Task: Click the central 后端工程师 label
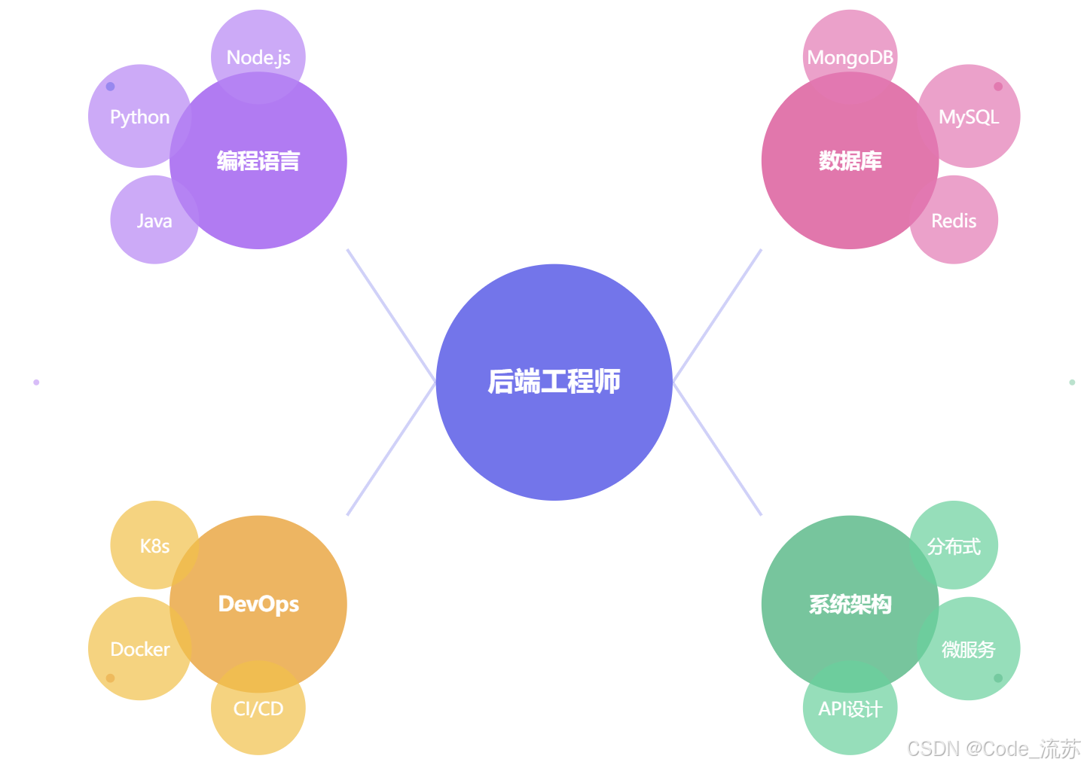(x=554, y=382)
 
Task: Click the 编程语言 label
(x=258, y=160)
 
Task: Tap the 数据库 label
(x=850, y=160)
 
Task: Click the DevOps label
(x=258, y=604)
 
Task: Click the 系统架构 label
(x=850, y=604)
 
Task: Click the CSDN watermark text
(x=993, y=748)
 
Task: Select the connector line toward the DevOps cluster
(x=392, y=449)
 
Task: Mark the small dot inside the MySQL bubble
(x=998, y=87)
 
